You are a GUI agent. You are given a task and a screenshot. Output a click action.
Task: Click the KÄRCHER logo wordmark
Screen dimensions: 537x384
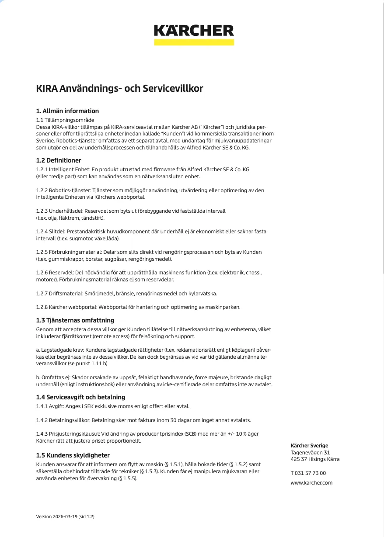194,30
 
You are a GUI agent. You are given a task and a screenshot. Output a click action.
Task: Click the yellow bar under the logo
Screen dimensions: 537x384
194,42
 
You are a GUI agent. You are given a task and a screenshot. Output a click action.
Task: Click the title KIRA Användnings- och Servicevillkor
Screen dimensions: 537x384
119,89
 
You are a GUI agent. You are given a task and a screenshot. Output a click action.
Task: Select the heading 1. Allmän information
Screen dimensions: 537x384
67,111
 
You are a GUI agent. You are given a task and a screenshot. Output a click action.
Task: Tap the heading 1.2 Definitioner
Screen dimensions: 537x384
58,160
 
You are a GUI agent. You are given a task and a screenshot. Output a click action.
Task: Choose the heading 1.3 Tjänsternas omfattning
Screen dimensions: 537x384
75,320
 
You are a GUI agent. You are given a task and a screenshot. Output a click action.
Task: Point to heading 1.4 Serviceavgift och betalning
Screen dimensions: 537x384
80,397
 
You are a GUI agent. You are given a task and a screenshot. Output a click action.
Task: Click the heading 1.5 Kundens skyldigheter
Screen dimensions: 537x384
73,455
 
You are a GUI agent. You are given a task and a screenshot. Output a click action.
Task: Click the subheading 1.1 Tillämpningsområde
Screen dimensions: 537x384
65,120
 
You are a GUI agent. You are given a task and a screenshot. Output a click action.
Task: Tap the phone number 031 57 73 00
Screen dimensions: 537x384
311,473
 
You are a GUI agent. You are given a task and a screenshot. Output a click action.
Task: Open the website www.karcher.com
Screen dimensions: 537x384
311,483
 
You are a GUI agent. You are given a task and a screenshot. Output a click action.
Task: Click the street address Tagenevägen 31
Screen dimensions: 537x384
310,453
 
